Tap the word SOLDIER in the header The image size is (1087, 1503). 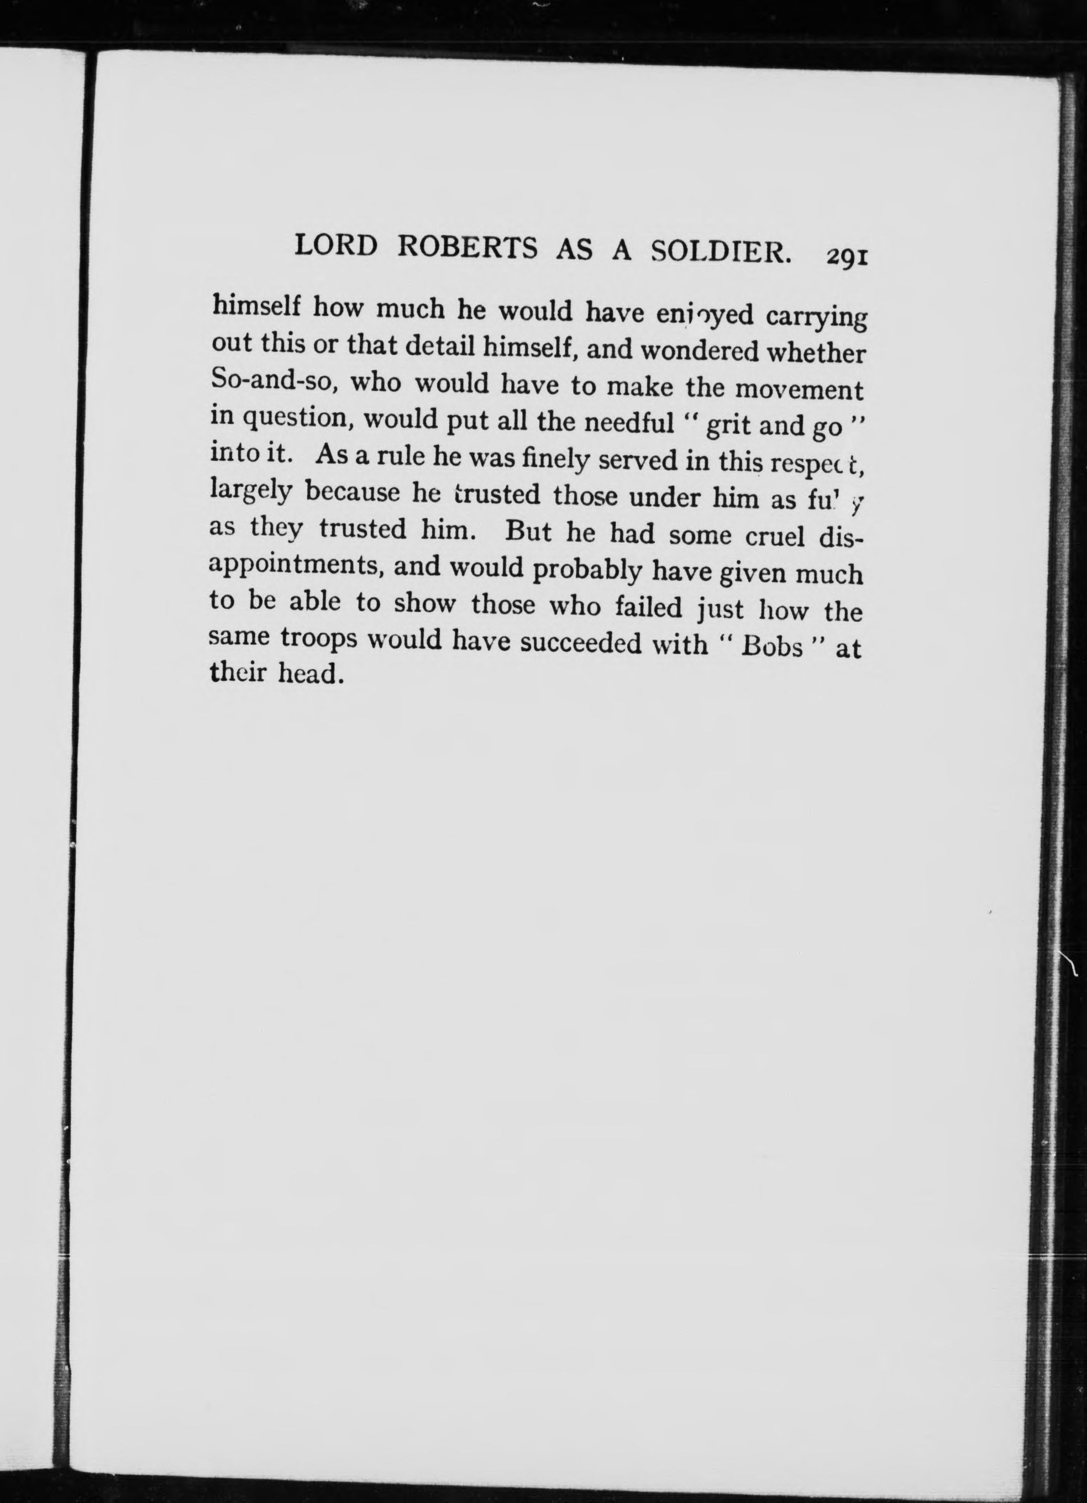(x=721, y=252)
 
